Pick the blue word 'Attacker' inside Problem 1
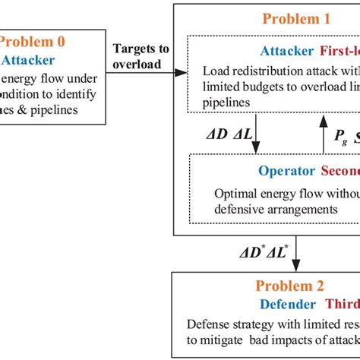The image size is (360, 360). [x=286, y=52]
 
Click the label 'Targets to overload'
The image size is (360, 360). [x=141, y=57]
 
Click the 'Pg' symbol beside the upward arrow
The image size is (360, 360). [x=340, y=134]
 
